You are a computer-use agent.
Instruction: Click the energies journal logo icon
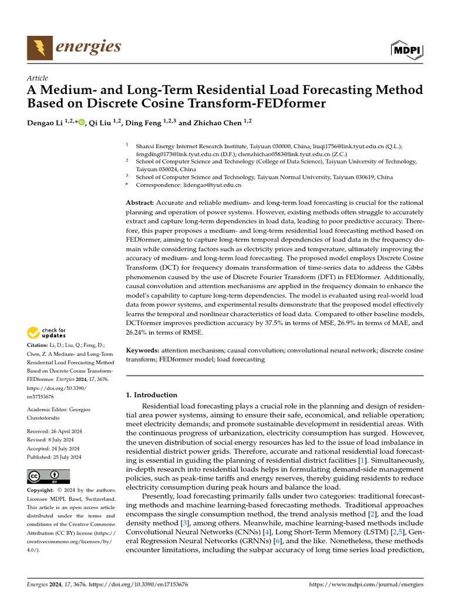39,48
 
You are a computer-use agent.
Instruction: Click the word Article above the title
37,78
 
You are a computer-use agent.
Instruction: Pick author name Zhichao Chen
217,123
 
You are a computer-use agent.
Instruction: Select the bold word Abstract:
140,203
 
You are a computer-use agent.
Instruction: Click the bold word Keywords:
143,350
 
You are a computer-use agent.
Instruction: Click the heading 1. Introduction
152,395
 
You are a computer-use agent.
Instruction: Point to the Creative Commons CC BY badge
48,476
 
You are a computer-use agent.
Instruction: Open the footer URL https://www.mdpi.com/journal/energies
366,586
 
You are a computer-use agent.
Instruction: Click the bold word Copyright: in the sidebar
40,490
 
